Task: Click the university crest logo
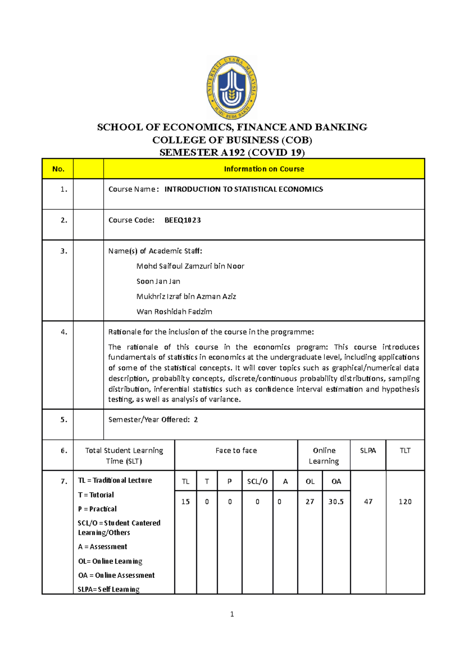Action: [x=232, y=88]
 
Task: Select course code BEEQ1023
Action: [x=183, y=220]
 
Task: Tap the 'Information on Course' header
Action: [x=264, y=169]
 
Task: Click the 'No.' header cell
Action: [x=58, y=169]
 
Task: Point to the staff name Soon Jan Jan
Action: [x=158, y=281]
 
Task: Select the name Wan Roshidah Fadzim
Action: [x=174, y=311]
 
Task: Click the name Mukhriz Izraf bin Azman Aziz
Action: [x=186, y=296]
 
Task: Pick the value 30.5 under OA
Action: [x=336, y=501]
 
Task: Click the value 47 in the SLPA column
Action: [x=368, y=501]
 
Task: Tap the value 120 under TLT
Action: [x=405, y=501]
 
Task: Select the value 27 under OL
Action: [x=310, y=501]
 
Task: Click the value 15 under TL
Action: [x=186, y=501]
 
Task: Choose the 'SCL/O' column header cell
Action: [x=257, y=481]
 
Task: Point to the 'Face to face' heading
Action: [x=236, y=450]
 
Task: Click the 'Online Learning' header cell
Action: [x=324, y=455]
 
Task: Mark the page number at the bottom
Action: [x=232, y=614]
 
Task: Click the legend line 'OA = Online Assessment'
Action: [x=116, y=575]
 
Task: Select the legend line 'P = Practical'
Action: [x=97, y=509]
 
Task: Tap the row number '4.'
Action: [x=64, y=332]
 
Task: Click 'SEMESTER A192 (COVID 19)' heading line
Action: [x=232, y=152]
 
